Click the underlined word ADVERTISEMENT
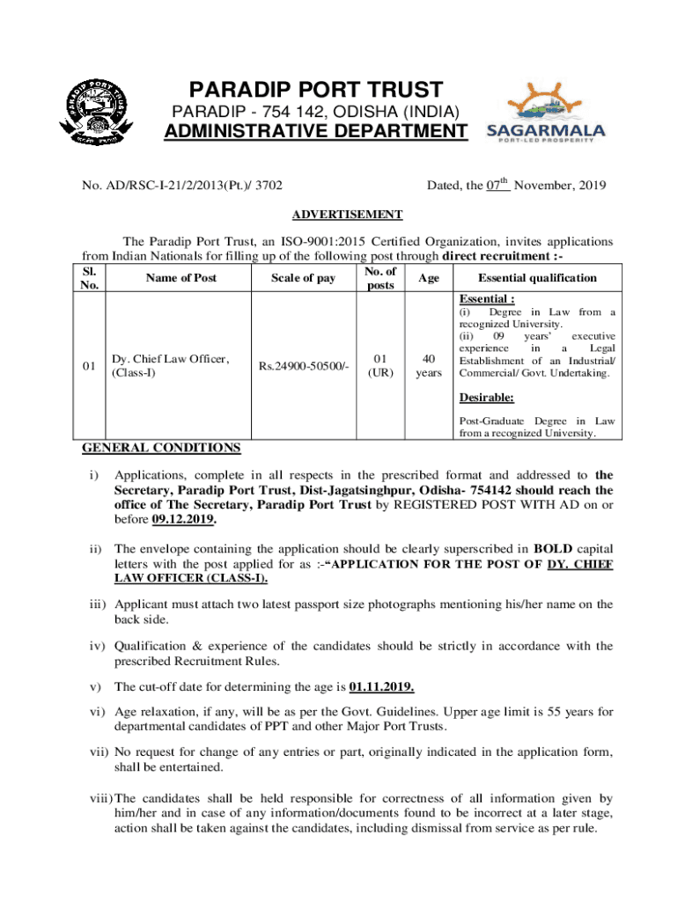347,215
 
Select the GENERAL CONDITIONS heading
161,448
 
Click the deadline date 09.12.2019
184,520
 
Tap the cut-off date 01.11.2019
382,686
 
